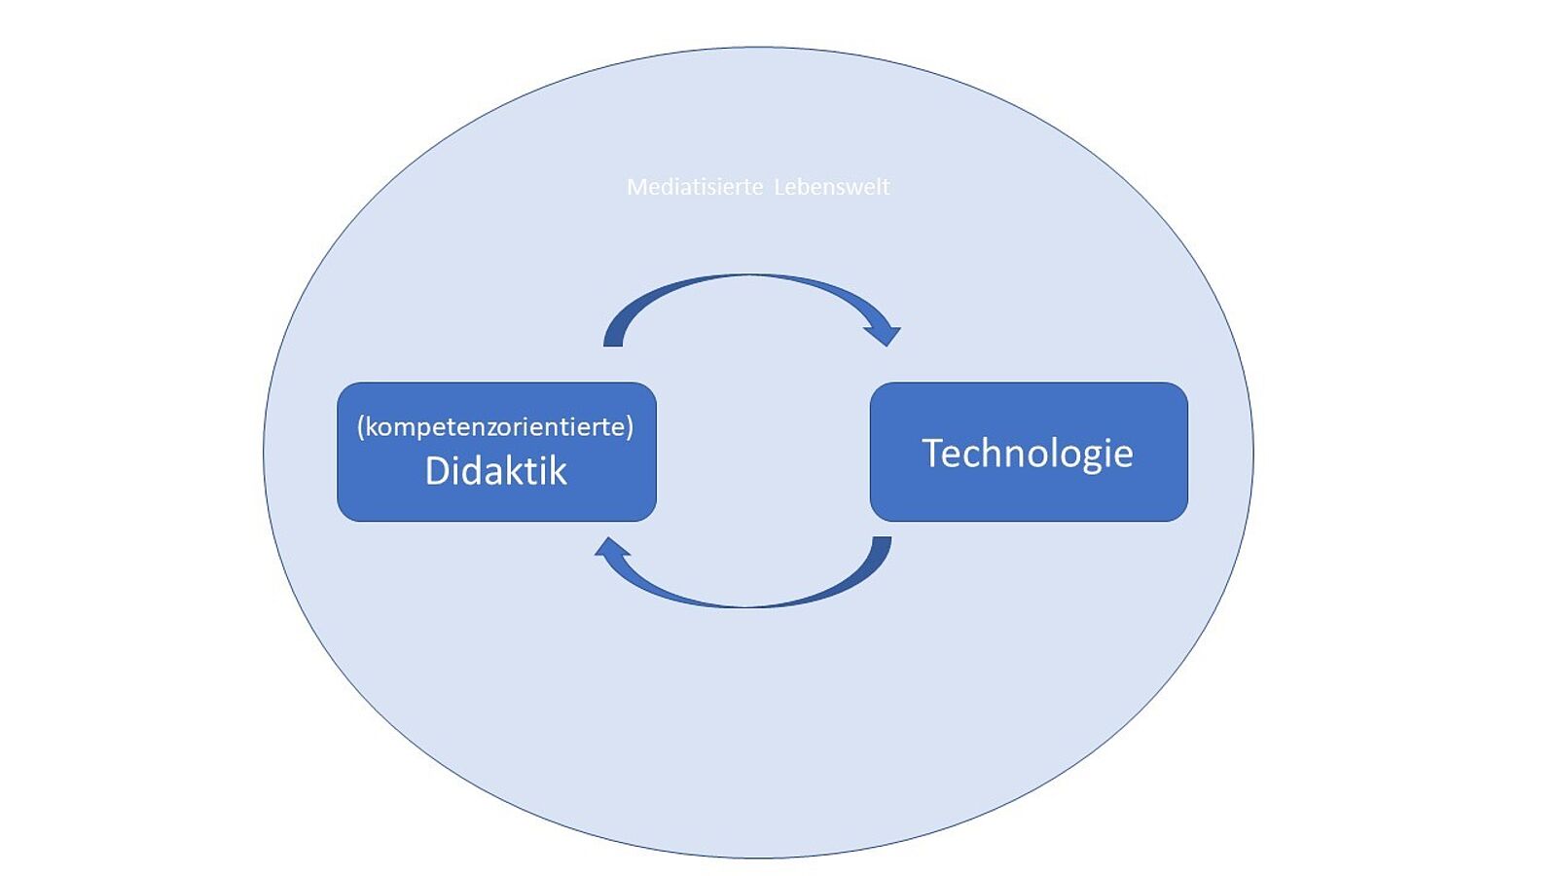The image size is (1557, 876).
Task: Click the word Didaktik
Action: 495,471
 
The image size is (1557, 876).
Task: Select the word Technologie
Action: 1028,453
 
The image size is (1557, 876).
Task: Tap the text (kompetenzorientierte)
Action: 495,426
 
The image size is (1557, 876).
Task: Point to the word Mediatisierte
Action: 695,187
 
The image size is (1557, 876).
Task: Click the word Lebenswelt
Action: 832,187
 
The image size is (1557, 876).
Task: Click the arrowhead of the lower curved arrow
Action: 610,549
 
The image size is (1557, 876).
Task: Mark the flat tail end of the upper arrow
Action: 613,340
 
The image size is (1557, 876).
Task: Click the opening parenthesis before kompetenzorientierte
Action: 361,426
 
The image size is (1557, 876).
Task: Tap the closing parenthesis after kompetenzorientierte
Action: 630,426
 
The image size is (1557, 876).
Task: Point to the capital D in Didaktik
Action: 436,471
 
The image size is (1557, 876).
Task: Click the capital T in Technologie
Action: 932,453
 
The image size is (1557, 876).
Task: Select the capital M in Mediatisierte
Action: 635,187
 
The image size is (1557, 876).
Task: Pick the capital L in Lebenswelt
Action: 779,187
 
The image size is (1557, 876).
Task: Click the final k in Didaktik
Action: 558,471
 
